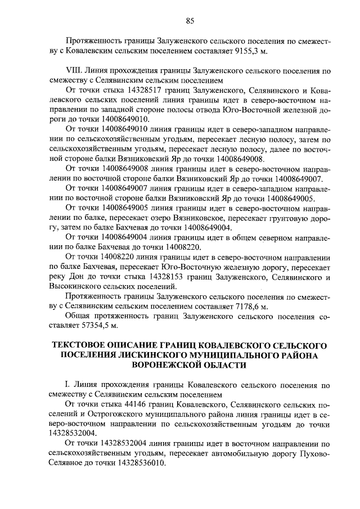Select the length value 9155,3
click(242, 52)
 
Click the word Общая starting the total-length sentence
click(78, 316)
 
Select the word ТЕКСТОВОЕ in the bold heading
click(82, 345)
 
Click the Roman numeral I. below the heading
click(68, 385)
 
